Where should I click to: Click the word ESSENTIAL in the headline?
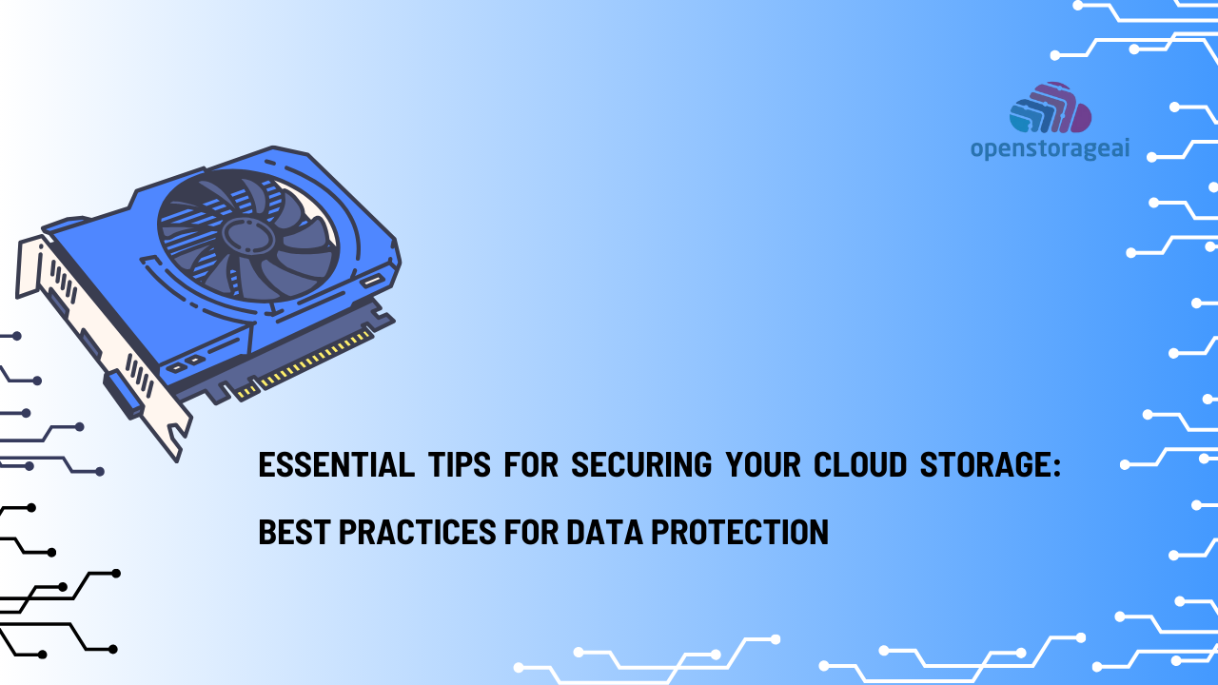pyautogui.click(x=336, y=465)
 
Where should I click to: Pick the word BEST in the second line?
pyautogui.click(x=291, y=532)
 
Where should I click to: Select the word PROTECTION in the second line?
pyautogui.click(x=739, y=532)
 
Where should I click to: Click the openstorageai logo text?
pyautogui.click(x=1050, y=149)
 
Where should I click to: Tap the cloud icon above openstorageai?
pyautogui.click(x=1050, y=108)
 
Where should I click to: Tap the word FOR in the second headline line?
pyautogui.click(x=532, y=532)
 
